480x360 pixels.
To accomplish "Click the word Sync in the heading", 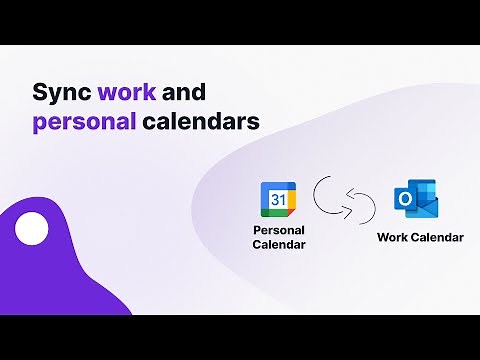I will [x=61, y=93].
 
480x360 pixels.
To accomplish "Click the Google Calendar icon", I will [x=277, y=199].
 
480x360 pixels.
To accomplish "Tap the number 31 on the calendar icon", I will [x=277, y=200].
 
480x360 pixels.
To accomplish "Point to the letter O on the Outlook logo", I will [x=406, y=201].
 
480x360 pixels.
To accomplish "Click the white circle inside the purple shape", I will [x=32, y=229].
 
